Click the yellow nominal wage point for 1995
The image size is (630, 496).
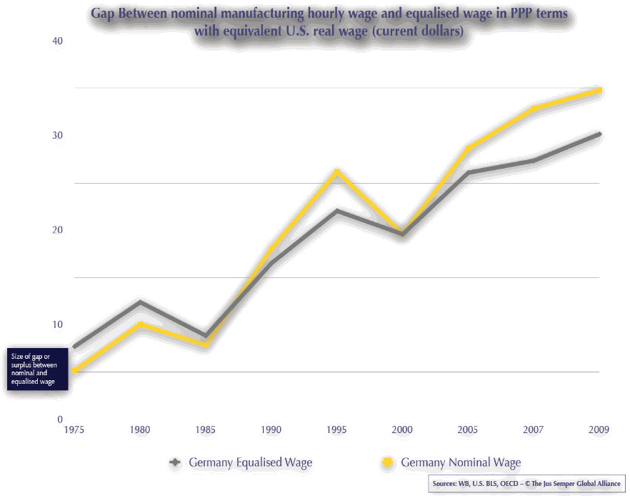337,172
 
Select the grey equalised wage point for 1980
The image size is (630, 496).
141,302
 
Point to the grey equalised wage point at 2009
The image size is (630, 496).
599,134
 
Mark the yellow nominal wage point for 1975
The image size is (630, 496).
74,369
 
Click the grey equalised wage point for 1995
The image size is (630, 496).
337,211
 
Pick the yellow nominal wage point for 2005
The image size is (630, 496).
469,148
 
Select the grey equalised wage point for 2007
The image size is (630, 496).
534,160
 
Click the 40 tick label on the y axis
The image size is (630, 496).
58,41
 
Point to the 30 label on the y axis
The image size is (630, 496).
58,136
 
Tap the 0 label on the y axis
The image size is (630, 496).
61,420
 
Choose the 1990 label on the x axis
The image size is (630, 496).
271,430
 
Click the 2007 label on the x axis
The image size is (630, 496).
534,430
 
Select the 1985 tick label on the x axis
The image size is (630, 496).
206,430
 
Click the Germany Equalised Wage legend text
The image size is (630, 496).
250,462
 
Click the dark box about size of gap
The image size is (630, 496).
38,368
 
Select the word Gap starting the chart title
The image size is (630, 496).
102,15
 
